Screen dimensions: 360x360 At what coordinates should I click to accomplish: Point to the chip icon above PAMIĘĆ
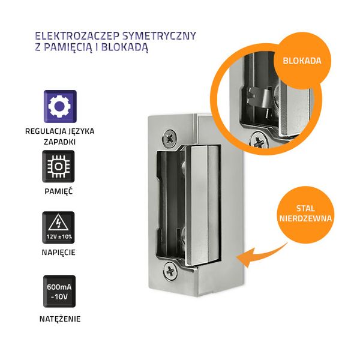click(59, 166)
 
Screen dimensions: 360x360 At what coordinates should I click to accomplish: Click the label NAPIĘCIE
click(59, 252)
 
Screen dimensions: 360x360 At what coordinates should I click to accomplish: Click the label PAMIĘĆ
click(59, 190)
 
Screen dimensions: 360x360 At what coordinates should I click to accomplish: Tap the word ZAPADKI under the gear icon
click(59, 140)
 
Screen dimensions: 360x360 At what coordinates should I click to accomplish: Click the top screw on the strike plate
click(170, 137)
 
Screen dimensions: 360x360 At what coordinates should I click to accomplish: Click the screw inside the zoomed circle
click(260, 141)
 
